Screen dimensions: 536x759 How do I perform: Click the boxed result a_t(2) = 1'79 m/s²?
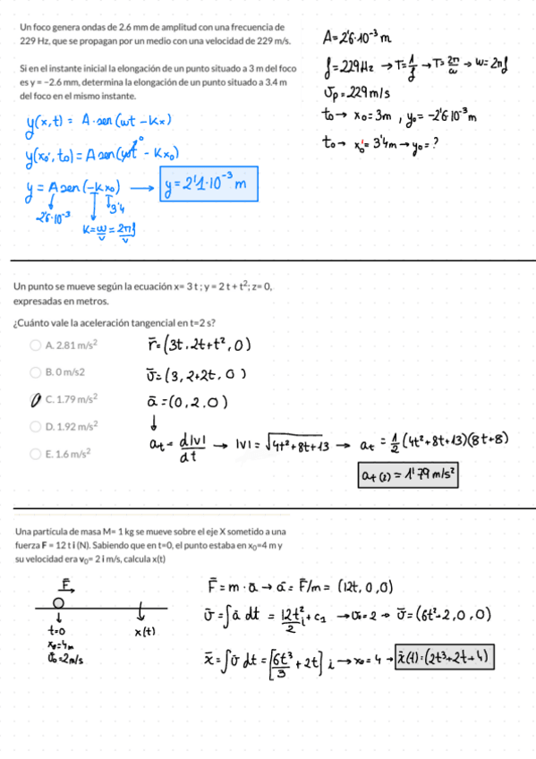click(x=408, y=475)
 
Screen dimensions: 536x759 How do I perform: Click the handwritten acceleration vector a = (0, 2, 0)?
click(x=189, y=400)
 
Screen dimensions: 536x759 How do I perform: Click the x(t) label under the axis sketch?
click(x=146, y=633)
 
